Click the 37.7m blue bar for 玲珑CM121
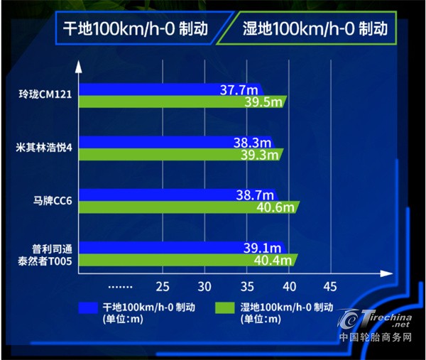click(x=170, y=89)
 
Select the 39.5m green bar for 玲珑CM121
click(x=181, y=102)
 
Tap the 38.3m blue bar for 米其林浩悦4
click(x=174, y=142)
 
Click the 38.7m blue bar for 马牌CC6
click(x=176, y=194)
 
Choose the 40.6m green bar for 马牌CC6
click(x=188, y=207)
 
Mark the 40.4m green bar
click(x=187, y=260)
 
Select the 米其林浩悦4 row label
click(x=44, y=148)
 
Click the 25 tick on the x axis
click(x=163, y=287)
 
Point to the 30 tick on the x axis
click(x=205, y=287)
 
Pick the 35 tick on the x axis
click(x=247, y=287)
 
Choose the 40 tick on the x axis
click(x=288, y=287)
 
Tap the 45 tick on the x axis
click(x=330, y=287)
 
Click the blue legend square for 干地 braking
click(x=88, y=308)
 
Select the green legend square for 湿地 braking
click(x=227, y=308)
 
